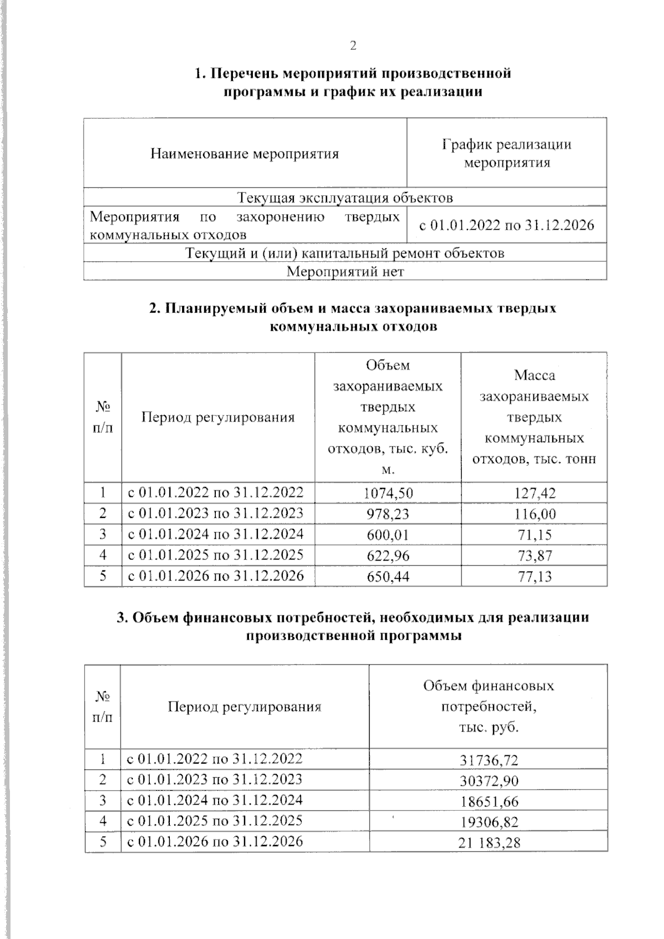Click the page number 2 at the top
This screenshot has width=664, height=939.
click(x=353, y=46)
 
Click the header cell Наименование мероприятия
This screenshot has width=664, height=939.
click(x=244, y=154)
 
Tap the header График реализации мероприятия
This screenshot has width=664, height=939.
click(x=506, y=154)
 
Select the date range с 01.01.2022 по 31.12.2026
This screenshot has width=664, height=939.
click(x=506, y=225)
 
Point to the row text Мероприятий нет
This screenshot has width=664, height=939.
click(x=345, y=272)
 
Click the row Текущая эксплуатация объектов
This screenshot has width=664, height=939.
click(x=345, y=198)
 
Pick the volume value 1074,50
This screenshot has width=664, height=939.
click(x=388, y=492)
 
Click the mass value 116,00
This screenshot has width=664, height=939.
click(x=534, y=513)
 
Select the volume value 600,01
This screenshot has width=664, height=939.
click(x=388, y=535)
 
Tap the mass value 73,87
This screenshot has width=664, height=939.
click(x=535, y=556)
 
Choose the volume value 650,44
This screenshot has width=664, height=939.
click(x=388, y=577)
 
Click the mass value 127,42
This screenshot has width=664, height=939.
click(x=534, y=492)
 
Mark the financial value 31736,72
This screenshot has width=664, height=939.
click(x=489, y=760)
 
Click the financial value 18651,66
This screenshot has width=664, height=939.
click(x=489, y=801)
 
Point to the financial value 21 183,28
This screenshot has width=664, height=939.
click(x=489, y=843)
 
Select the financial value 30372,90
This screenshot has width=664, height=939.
click(x=489, y=781)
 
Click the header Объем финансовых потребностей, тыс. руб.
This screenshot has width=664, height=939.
click(x=489, y=707)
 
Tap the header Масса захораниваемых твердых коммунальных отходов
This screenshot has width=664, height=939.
click(x=534, y=417)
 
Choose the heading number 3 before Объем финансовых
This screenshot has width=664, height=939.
click(x=121, y=618)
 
